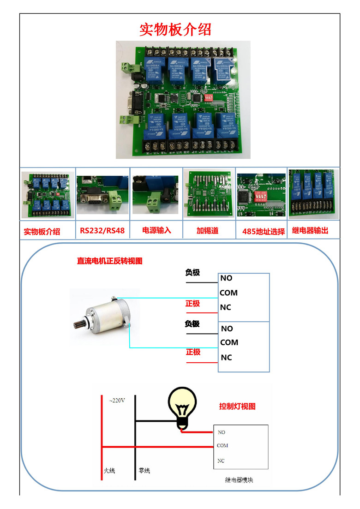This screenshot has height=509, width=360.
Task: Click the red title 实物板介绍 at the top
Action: pos(175,29)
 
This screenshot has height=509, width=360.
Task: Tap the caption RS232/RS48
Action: pos(102,230)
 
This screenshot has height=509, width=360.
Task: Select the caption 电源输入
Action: pos(156,230)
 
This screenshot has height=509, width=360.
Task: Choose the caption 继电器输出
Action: pos(310,230)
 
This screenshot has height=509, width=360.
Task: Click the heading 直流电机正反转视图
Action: pos(109,261)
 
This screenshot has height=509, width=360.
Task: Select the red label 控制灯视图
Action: pos(237,407)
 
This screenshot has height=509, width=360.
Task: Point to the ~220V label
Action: pos(117,401)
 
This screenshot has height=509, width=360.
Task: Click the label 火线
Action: pos(109,471)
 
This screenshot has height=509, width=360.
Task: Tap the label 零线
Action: pos(144,471)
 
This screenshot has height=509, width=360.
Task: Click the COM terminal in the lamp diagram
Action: pos(222,446)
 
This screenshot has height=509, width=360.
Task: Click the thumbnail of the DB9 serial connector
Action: pos(102,194)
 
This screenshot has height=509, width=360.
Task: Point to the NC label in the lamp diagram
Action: pos(221,461)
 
